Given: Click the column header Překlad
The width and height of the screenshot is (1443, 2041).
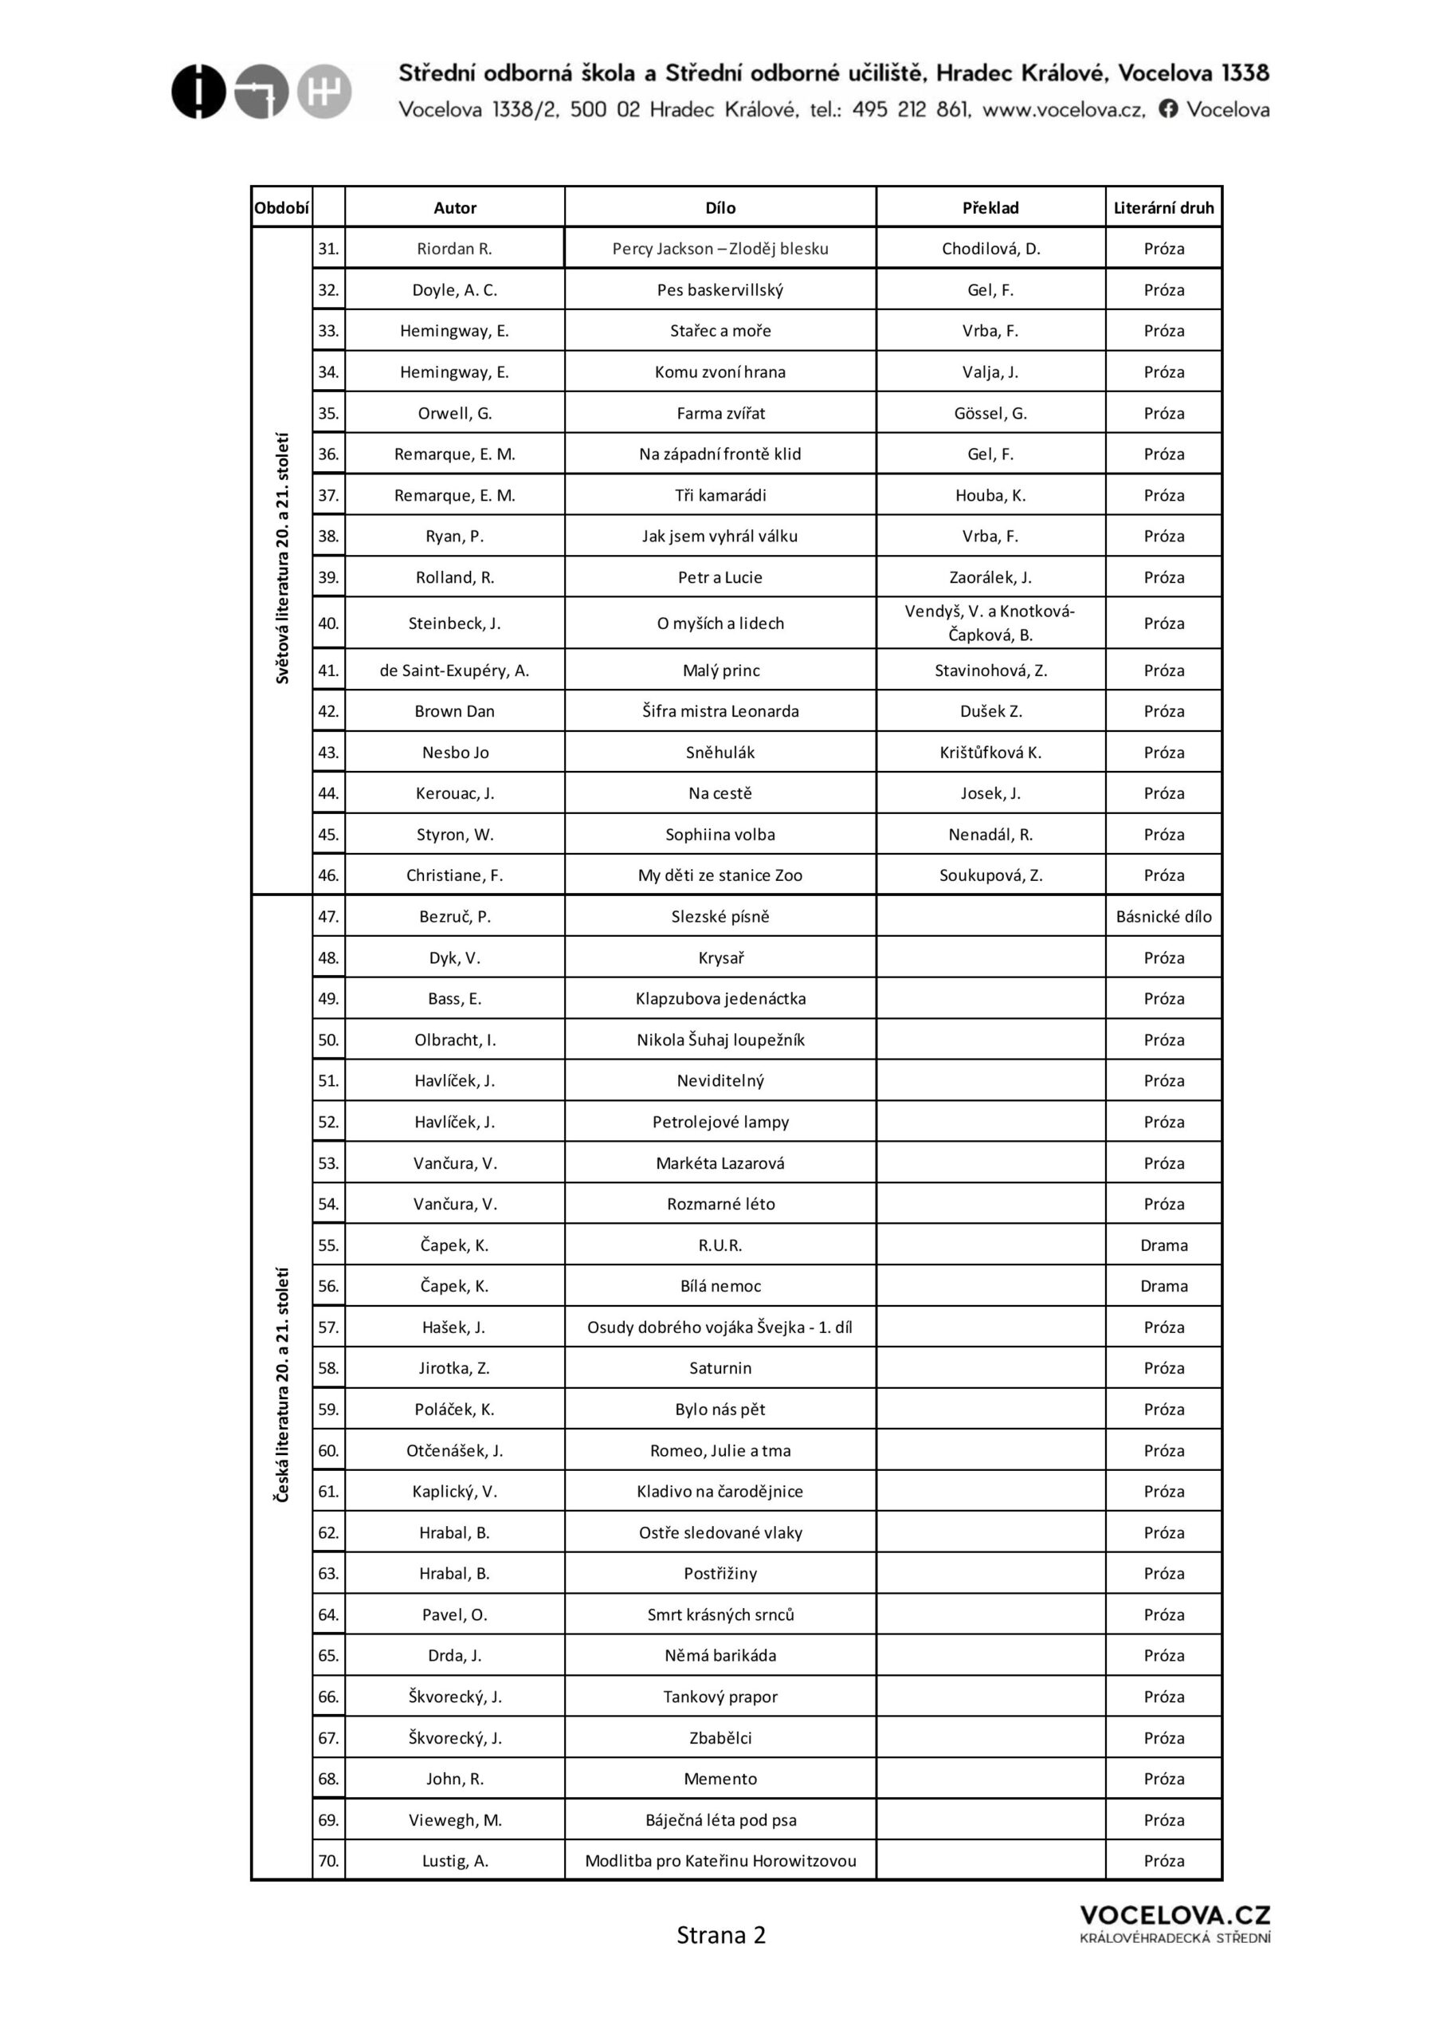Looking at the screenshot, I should (x=990, y=208).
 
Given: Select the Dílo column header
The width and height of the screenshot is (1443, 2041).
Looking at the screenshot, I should (x=720, y=208).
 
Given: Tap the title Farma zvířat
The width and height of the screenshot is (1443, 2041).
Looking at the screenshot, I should (x=720, y=413).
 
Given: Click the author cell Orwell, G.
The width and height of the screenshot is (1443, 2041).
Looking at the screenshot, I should (x=454, y=413).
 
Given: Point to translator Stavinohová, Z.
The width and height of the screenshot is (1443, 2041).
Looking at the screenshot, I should (x=990, y=671).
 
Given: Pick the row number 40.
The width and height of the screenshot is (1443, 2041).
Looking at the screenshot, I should (x=327, y=623).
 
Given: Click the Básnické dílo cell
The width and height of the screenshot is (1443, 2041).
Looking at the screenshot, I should (x=1163, y=917).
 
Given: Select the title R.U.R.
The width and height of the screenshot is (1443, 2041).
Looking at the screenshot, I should (x=720, y=1245).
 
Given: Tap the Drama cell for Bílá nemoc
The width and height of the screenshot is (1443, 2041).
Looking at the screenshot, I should (x=1163, y=1286).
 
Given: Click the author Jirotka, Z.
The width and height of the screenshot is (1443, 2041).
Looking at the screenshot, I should (x=454, y=1368).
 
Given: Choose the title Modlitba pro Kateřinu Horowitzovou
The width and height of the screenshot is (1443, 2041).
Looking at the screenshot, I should (x=720, y=1861).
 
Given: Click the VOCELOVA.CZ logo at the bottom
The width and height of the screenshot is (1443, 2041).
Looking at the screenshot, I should (x=1174, y=1925).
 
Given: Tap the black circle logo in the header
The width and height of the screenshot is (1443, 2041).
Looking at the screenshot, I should (x=198, y=92).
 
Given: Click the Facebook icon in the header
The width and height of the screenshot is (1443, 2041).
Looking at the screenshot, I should (x=1168, y=108).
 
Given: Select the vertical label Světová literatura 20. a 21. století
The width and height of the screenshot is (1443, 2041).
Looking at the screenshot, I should (x=283, y=558).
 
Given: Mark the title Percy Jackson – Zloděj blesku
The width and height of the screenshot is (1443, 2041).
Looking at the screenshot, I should (x=720, y=249).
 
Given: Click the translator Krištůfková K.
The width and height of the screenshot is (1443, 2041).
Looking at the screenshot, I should (x=990, y=753).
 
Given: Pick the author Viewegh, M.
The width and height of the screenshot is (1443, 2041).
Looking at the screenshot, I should (x=454, y=1819).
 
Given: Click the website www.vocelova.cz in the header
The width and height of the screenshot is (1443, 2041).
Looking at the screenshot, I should (x=1063, y=109).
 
